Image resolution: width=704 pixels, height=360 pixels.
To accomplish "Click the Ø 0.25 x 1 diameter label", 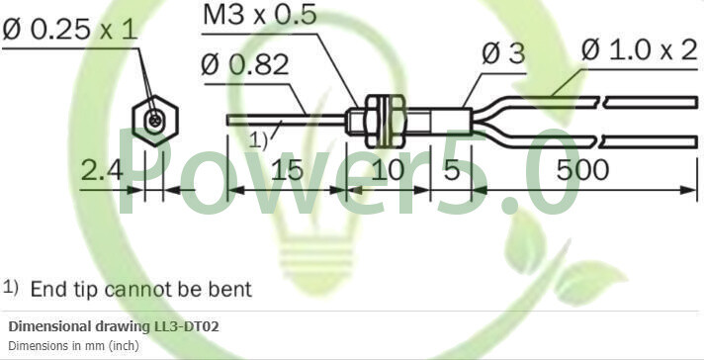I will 69,30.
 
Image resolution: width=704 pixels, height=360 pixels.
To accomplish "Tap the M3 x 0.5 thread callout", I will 260,16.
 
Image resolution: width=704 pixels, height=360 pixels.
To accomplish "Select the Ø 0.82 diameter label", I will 244,64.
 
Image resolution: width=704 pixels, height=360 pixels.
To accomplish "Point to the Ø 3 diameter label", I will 503,54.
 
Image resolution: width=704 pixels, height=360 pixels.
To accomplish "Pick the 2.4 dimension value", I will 102,170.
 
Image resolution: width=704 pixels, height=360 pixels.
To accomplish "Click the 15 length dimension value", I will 286,170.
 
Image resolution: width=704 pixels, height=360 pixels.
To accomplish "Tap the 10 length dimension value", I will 389,170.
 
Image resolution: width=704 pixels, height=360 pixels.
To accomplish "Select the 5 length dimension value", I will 452,170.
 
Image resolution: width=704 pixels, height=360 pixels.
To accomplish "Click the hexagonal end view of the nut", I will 154,120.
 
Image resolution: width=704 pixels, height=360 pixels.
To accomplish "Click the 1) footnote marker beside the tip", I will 258,140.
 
